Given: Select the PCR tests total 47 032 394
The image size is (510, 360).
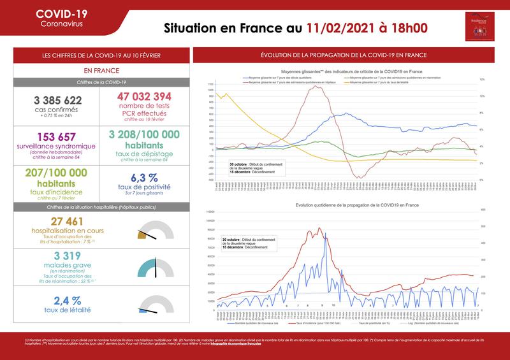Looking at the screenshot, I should click(x=146, y=96).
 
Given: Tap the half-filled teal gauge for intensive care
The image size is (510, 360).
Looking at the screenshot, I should click(x=156, y=267).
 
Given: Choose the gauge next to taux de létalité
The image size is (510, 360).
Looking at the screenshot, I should click(x=156, y=305).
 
